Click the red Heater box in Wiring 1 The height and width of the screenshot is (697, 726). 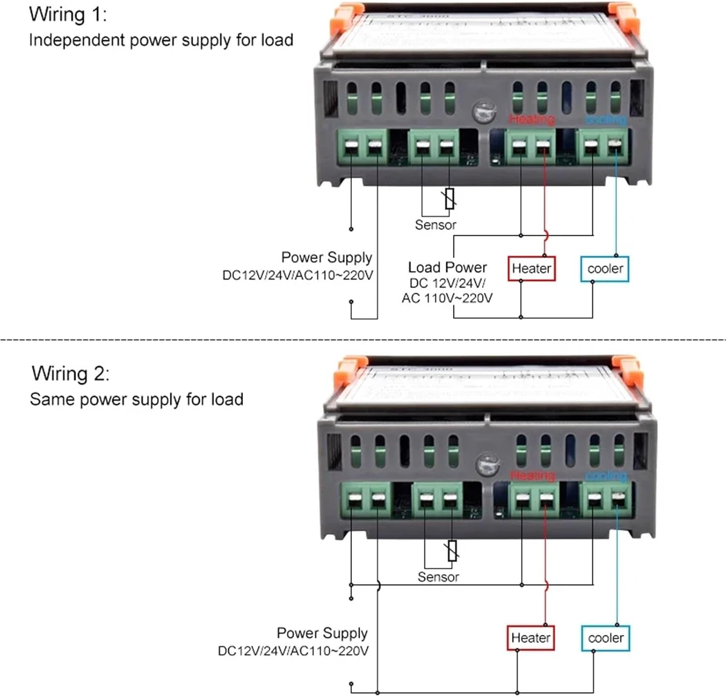click(531, 269)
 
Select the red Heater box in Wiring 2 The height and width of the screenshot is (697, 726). click(530, 638)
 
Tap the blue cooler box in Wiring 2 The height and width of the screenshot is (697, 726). click(605, 638)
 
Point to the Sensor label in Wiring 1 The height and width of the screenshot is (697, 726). click(436, 225)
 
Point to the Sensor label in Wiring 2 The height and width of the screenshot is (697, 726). click(438, 577)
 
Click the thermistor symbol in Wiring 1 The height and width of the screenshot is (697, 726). click(450, 198)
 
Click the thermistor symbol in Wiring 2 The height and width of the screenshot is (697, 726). click(452, 551)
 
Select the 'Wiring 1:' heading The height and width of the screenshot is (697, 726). click(68, 15)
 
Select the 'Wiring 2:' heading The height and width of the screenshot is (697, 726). click(71, 374)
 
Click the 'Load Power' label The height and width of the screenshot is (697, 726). click(447, 268)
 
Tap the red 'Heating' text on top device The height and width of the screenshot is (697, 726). click(532, 119)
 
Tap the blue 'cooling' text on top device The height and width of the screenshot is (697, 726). click(605, 119)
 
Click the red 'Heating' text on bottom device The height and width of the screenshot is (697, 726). click(532, 476)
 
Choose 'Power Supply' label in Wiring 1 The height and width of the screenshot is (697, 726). click(327, 258)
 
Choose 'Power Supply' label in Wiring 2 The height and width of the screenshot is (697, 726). click(322, 633)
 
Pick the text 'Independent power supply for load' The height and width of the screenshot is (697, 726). click(161, 40)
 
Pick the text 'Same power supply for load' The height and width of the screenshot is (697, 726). click(136, 400)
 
